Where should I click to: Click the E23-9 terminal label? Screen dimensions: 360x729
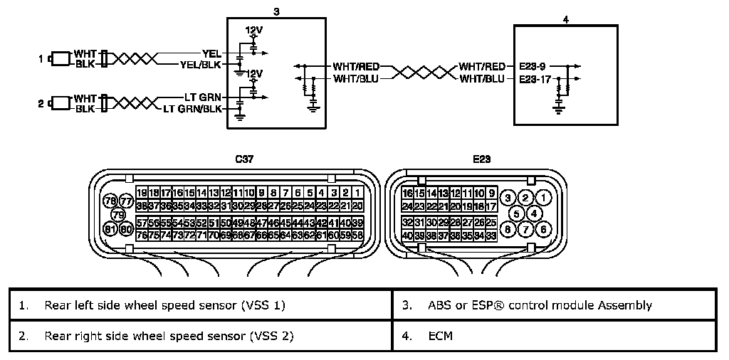point(534,66)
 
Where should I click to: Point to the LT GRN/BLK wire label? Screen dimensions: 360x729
point(192,109)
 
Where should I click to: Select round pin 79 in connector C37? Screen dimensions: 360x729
point(118,214)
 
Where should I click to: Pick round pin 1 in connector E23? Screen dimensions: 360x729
point(543,197)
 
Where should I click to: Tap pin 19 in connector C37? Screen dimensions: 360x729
point(142,193)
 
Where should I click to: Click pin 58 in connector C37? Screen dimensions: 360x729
point(357,235)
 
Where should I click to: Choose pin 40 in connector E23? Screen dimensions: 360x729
point(408,235)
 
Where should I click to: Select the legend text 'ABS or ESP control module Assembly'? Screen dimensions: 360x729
point(540,306)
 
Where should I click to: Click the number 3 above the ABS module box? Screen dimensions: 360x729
point(276,11)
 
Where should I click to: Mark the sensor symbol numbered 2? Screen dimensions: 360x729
point(61,104)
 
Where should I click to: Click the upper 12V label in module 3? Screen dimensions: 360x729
point(253,31)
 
